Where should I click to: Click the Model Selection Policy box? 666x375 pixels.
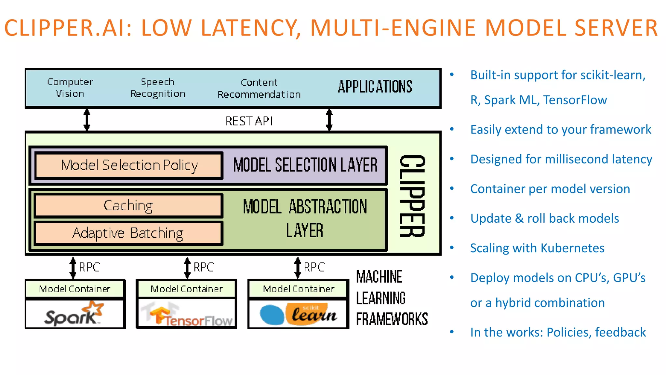click(129, 165)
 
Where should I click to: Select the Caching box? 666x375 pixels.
click(128, 206)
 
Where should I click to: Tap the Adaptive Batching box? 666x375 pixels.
click(128, 233)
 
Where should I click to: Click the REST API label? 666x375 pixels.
click(249, 121)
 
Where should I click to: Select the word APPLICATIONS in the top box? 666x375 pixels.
click(375, 87)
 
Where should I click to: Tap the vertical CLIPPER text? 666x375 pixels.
click(412, 196)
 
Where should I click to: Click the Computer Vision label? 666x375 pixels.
click(70, 88)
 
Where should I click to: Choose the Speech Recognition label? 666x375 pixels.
click(158, 88)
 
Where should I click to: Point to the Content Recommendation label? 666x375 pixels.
click(259, 88)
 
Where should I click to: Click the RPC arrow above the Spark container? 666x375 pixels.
click(73, 268)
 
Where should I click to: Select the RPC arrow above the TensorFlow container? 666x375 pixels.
click(187, 268)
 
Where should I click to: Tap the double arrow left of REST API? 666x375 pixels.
click(87, 119)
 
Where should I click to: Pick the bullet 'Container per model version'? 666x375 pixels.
click(550, 189)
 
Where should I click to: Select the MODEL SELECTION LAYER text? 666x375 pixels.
click(305, 165)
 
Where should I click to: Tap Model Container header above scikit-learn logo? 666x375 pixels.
click(299, 289)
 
